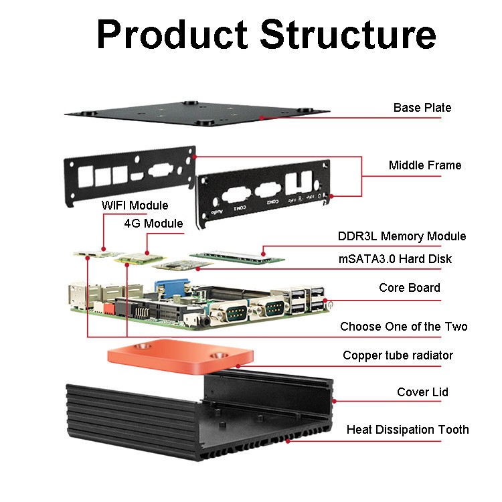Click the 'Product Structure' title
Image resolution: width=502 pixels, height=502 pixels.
pos(266,34)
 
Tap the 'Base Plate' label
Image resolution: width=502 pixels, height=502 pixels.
pos(422,108)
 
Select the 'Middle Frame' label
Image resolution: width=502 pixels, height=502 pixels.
pos(424,165)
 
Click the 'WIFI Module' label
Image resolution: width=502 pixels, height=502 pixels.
pos(135,205)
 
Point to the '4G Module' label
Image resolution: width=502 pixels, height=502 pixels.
pos(153,223)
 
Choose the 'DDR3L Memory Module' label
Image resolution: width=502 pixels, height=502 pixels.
pos(402,236)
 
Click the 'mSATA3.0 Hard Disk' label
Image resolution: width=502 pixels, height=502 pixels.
pos(394,259)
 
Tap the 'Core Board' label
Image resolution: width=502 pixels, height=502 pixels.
pos(410,288)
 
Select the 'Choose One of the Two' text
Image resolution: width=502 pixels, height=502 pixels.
pos(404,327)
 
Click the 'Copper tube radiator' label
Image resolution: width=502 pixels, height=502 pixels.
pos(398,355)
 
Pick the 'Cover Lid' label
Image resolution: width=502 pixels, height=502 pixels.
pos(422,392)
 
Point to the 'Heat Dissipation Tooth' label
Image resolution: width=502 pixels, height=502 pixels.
pos(408,430)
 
